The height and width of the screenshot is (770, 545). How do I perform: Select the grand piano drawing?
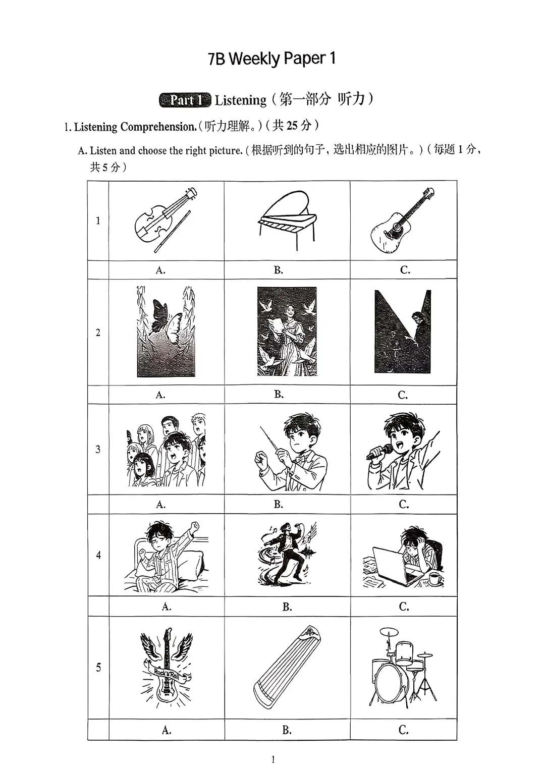point(287,220)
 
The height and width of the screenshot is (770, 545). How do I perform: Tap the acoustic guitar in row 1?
point(402,220)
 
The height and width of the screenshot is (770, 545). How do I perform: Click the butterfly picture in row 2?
point(166,332)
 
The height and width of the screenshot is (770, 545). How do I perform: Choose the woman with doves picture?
point(287,332)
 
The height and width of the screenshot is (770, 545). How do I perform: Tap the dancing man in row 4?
point(286,554)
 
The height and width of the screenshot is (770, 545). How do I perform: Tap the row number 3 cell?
point(98,449)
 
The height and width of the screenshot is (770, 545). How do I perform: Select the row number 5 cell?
point(98,667)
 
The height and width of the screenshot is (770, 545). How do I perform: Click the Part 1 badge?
point(185,100)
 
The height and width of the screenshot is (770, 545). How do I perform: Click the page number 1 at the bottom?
point(273,759)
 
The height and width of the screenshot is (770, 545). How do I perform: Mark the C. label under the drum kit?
point(404,730)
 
